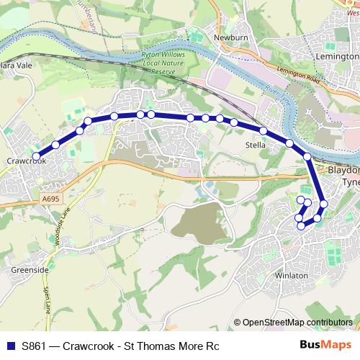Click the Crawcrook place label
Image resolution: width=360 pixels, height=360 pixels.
(x=27, y=161)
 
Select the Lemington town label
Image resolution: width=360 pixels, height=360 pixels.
(x=336, y=55)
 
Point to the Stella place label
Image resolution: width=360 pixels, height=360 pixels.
(x=256, y=145)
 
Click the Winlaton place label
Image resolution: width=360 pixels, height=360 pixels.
(x=291, y=276)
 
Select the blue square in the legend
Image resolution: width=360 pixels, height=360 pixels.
(x=10, y=345)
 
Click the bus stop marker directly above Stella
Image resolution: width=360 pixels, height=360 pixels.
(x=264, y=131)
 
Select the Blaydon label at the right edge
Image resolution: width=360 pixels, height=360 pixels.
(x=343, y=171)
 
